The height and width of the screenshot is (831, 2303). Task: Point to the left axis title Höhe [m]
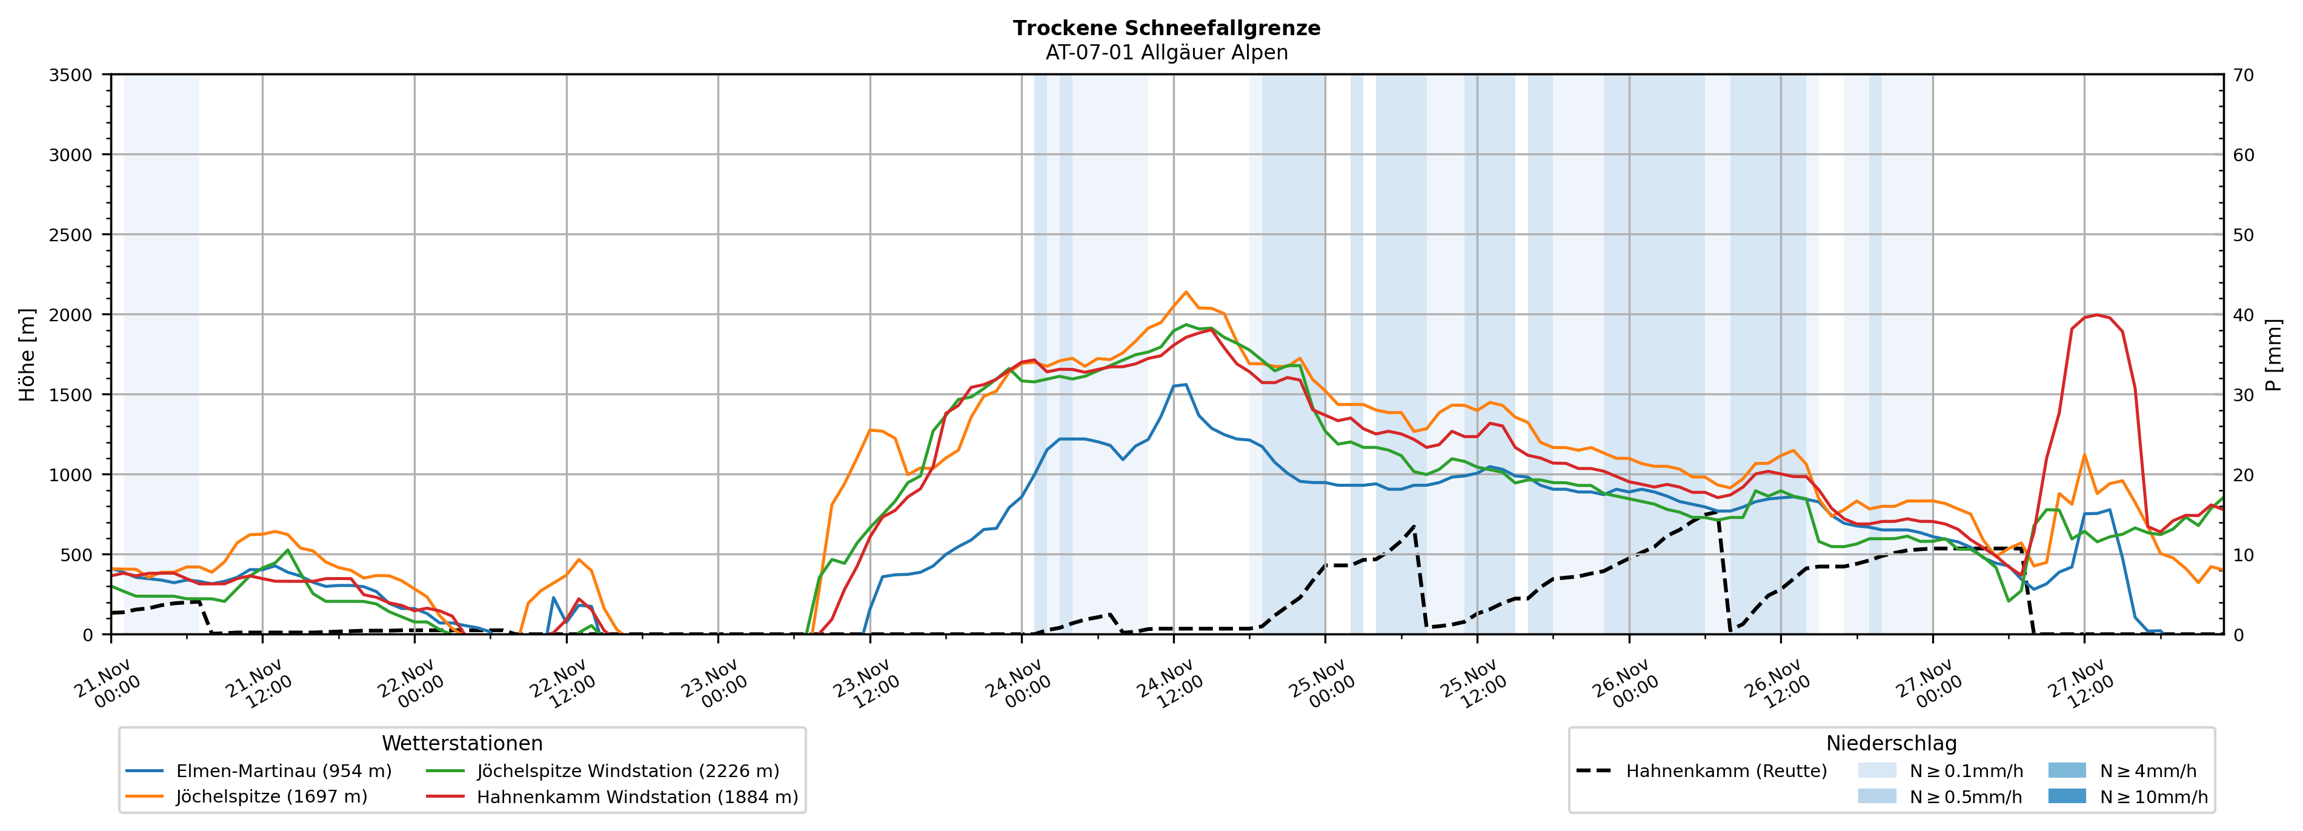coord(28,354)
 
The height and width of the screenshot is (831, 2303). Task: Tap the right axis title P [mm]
coord(2273,354)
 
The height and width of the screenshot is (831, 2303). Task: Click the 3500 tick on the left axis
coord(71,75)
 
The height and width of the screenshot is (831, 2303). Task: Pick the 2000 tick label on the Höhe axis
coord(71,315)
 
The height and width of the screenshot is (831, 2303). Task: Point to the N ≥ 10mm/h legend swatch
coord(2067,796)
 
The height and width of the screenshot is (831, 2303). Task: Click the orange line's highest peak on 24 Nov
coord(1186,292)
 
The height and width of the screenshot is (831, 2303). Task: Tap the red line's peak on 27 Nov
coord(2096,315)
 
